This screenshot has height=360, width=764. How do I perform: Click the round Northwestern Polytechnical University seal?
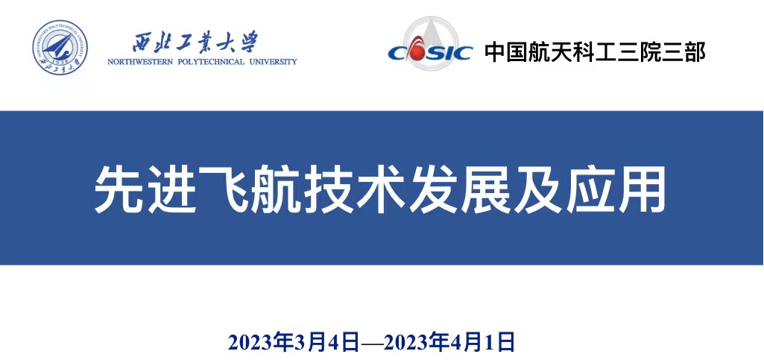click(60, 48)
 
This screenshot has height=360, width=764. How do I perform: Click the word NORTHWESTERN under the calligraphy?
click(140, 62)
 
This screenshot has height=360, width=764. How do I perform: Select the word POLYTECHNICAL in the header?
click(210, 62)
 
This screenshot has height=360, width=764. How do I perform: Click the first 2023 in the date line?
click(253, 343)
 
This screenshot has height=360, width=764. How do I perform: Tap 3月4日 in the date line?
click(318, 343)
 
